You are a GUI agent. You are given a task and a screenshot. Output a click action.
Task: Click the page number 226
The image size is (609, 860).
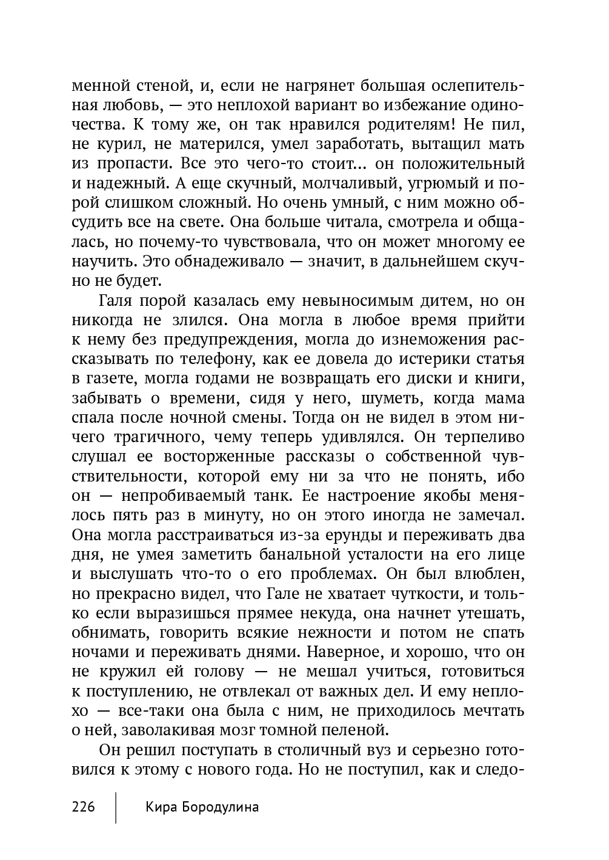(x=84, y=807)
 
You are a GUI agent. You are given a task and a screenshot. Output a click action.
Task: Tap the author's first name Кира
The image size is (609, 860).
(x=161, y=807)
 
